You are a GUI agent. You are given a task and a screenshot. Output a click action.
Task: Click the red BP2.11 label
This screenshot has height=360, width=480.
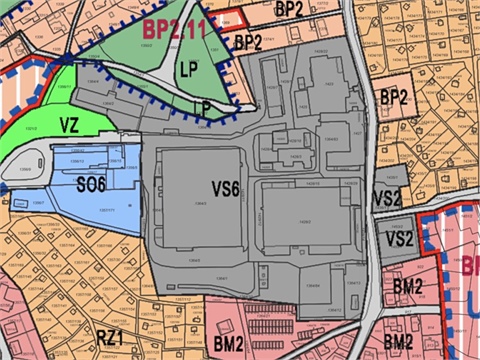tap(173, 29)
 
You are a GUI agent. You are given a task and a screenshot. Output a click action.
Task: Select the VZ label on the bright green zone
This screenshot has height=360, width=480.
tap(69, 125)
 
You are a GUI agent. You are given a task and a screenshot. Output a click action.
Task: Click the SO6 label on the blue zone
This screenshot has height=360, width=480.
tap(92, 182)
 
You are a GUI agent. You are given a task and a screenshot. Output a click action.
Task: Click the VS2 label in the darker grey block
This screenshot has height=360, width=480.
tap(398, 238)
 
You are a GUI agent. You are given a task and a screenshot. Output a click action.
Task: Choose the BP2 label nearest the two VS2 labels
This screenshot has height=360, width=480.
tap(395, 97)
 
